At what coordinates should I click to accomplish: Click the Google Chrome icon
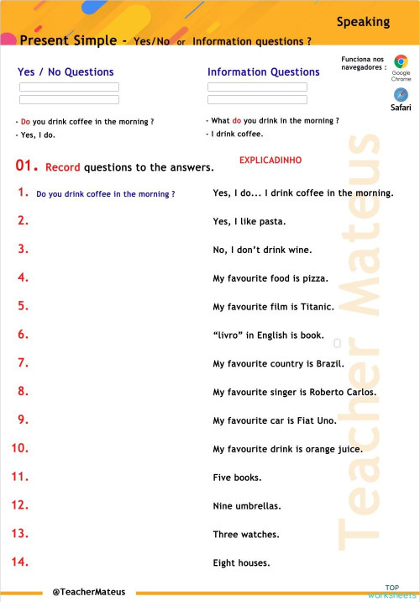coord(401,61)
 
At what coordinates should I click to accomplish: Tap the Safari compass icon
coord(401,93)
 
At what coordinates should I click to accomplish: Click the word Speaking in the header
coord(363,22)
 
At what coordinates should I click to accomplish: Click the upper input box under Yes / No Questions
coord(69,87)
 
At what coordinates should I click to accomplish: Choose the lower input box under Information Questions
coord(257,99)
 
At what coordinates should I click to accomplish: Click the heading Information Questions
coord(263,72)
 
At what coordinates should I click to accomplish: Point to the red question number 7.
coord(24,363)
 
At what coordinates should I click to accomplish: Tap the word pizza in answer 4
coord(314,278)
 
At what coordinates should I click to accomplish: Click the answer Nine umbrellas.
coord(247,506)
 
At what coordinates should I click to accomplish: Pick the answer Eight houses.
coord(241,563)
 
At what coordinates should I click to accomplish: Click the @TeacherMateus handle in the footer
coord(88,592)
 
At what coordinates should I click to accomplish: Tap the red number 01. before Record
coord(27,166)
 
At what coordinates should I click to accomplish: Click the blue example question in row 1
coord(106,194)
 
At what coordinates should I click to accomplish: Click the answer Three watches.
coord(246,535)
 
